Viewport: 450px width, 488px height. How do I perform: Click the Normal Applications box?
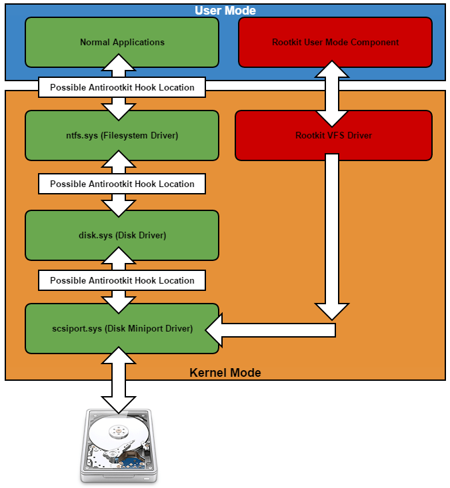(122, 42)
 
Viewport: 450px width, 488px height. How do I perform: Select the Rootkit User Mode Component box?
(335, 42)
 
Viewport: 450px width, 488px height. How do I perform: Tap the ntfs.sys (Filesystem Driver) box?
(122, 135)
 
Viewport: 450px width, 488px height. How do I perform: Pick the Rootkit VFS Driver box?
(333, 135)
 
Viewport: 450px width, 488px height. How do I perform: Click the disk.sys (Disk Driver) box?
(122, 235)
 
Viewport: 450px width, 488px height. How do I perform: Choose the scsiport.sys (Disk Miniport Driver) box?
(122, 328)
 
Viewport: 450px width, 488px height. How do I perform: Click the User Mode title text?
(225, 11)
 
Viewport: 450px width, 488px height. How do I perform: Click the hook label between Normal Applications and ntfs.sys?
(122, 87)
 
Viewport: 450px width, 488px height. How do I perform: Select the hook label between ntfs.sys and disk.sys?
(122, 184)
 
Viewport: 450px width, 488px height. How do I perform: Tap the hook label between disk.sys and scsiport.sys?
(122, 280)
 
